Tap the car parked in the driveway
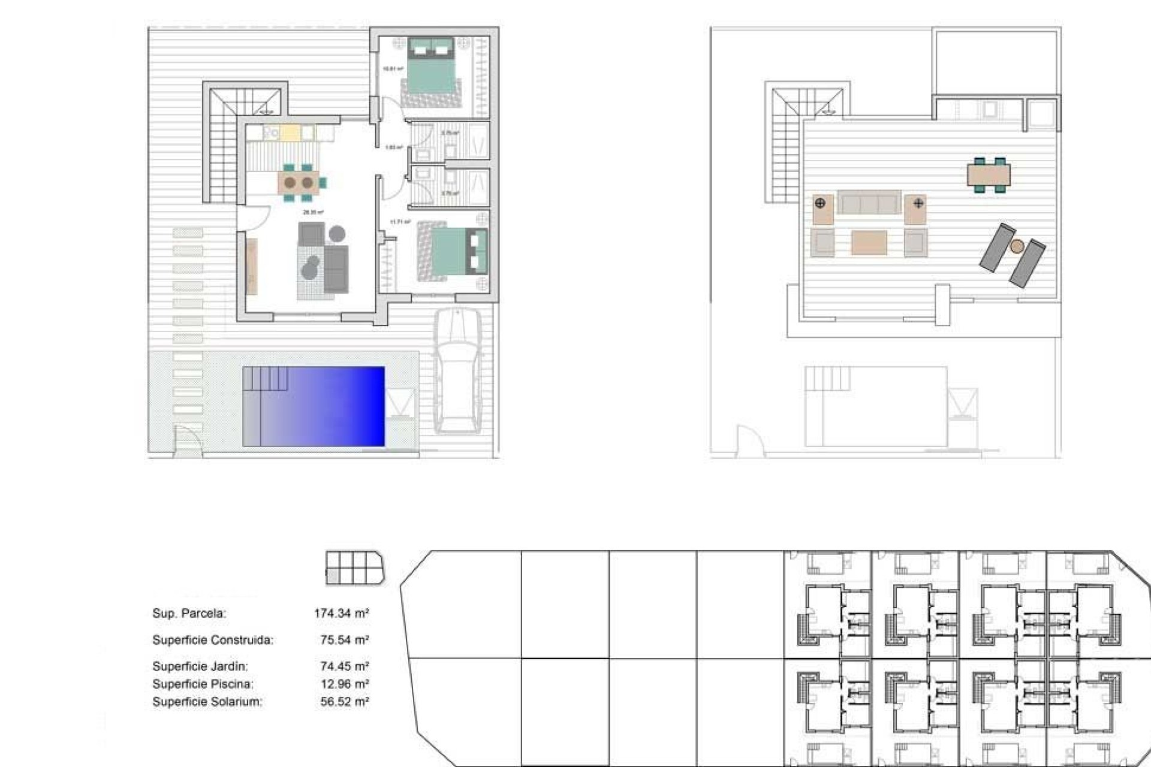point(457,372)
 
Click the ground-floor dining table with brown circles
point(298,182)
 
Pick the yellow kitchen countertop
point(290,132)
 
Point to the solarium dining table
point(989,175)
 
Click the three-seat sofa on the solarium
point(869,203)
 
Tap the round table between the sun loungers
point(1017,245)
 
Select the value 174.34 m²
point(341,614)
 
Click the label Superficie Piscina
point(203,684)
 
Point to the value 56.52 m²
point(344,702)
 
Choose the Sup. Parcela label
point(189,614)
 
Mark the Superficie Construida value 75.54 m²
point(344,640)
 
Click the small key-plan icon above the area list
point(354,568)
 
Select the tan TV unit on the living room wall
point(252,266)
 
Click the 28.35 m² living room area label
point(313,212)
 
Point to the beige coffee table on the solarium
point(869,242)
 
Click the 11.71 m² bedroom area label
point(400,222)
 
